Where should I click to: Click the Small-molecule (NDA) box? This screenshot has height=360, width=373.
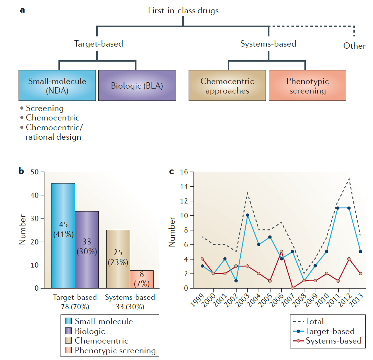click(57, 85)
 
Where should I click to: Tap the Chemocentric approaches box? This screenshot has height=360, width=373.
click(227, 86)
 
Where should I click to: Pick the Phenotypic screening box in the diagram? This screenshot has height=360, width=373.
click(307, 86)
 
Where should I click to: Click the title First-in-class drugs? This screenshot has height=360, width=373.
click(183, 11)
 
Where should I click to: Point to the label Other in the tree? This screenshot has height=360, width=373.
click(354, 46)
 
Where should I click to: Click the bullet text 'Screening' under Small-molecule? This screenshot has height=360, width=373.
click(44, 109)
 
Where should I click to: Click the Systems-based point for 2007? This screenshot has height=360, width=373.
click(293, 288)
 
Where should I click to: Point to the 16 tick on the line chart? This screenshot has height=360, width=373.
click(184, 172)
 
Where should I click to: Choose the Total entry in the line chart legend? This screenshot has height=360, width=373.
click(315, 321)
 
